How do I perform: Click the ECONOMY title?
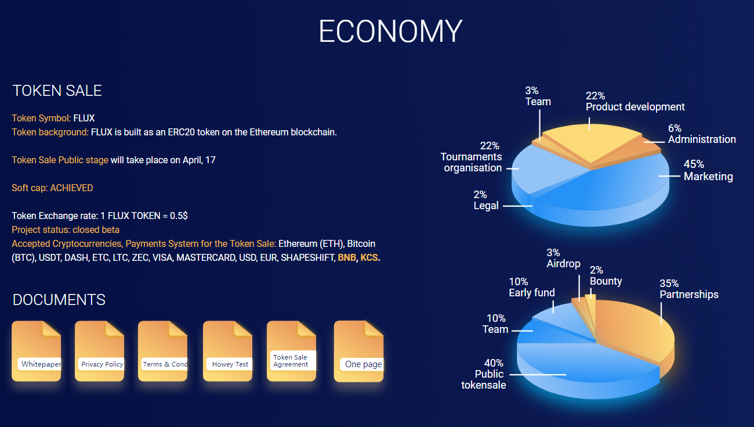point(390,31)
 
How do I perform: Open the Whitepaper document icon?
point(37,351)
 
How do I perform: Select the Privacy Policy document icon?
point(99,351)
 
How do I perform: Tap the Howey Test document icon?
point(227,351)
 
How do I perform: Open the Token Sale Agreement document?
point(292,351)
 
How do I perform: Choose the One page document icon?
point(358,351)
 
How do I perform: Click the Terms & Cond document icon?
point(162,351)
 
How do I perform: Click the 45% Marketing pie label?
point(708,170)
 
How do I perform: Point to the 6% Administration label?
point(702,134)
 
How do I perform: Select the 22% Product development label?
point(635,102)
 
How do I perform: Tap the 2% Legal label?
point(485,200)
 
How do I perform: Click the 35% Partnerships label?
point(688,289)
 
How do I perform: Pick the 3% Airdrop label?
point(563,258)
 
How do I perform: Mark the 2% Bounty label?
point(606,275)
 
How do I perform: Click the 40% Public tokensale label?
point(483,374)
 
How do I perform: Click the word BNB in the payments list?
point(347,258)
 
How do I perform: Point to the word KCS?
point(369,258)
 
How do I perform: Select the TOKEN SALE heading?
point(57,91)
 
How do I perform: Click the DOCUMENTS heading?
point(59,300)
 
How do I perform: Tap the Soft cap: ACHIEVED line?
point(52,188)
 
